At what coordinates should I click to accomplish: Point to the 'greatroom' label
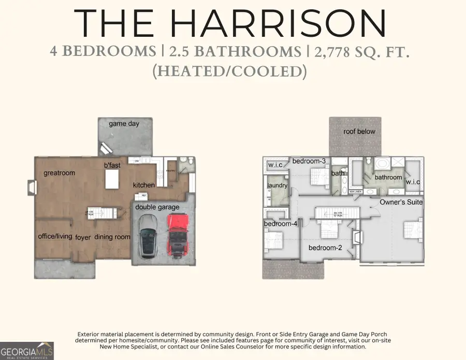[x=60, y=173]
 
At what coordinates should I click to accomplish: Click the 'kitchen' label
[x=144, y=185]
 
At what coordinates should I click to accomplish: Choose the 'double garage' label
[x=157, y=207]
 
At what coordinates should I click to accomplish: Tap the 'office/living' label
[x=55, y=236]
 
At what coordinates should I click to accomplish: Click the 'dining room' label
[x=112, y=237]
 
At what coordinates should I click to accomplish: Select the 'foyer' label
[x=83, y=238]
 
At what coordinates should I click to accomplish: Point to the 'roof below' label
[x=359, y=132]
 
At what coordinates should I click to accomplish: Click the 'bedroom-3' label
[x=309, y=161]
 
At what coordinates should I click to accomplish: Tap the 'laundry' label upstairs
[x=277, y=185]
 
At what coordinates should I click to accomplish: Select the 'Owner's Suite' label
[x=401, y=202]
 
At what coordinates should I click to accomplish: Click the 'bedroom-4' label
[x=280, y=224]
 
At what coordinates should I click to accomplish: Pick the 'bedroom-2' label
[x=325, y=248]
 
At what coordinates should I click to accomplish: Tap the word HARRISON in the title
[x=281, y=23]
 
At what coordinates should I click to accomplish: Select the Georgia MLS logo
[x=27, y=350]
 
